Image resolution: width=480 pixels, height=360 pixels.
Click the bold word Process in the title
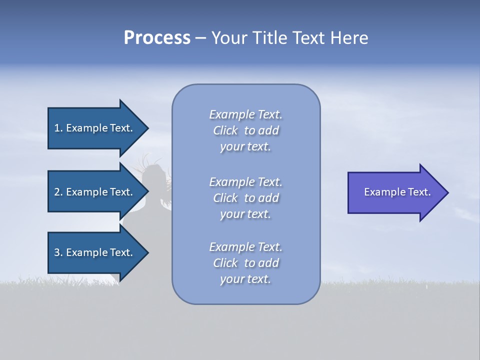pyautogui.click(x=157, y=38)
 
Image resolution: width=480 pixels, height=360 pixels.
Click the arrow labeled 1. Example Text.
pyautogui.click(x=95, y=128)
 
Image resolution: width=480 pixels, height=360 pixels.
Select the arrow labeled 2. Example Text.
pyautogui.click(x=95, y=192)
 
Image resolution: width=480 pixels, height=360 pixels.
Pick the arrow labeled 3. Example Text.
pyautogui.click(x=95, y=252)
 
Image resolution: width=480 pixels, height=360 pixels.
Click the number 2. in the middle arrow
pyautogui.click(x=58, y=192)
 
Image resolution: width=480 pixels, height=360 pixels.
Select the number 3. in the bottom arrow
pyautogui.click(x=58, y=252)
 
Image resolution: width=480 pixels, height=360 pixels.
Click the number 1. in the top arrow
pyautogui.click(x=58, y=128)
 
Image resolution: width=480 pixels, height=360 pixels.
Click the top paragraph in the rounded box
pyautogui.click(x=245, y=130)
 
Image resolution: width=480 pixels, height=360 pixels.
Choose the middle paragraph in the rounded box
pyautogui.click(x=245, y=198)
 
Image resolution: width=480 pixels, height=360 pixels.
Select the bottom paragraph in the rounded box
pyautogui.click(x=245, y=263)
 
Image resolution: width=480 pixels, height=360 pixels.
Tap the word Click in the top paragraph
pyautogui.click(x=225, y=130)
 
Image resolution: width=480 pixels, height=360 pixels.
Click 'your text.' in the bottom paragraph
pyautogui.click(x=245, y=279)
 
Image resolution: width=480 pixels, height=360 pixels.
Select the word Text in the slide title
pyautogui.click(x=308, y=38)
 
